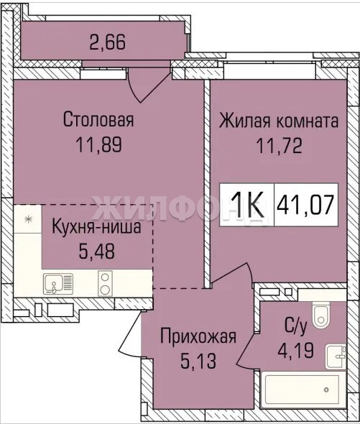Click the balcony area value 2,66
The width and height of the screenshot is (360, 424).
point(107,42)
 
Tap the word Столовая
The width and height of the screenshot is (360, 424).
point(98,120)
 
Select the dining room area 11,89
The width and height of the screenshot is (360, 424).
point(99,144)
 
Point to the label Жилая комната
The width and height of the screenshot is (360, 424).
point(279,121)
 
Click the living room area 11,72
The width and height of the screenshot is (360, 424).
point(279,146)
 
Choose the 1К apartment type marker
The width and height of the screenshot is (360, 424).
point(247,204)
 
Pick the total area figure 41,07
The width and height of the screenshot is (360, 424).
point(306,205)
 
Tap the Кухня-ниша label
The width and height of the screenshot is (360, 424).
point(96,227)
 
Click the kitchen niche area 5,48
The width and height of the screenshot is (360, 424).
point(97,251)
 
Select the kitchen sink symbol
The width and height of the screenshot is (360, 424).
point(58,284)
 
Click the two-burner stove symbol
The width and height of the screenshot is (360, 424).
point(105,283)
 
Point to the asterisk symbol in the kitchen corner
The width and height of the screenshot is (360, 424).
point(27,219)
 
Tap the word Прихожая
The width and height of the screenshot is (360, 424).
point(198,336)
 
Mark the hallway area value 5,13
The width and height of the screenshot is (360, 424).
point(198,361)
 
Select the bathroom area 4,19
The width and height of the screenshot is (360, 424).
point(296,351)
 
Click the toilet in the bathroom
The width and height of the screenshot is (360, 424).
point(321,315)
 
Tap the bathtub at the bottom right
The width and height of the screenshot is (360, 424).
point(303,390)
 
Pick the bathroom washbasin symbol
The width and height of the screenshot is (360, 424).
point(336,356)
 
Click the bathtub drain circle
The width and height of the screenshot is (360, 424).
point(326,390)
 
